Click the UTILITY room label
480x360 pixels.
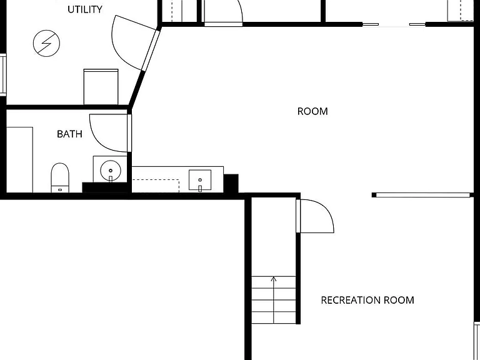(85, 9)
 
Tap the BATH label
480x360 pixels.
(69, 134)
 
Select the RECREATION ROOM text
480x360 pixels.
(367, 300)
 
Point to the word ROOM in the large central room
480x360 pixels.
(312, 111)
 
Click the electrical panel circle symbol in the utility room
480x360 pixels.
(46, 43)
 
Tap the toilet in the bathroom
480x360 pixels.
(60, 177)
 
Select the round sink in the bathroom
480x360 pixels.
(111, 171)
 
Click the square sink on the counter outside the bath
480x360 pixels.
(200, 180)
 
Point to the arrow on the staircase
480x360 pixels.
(274, 300)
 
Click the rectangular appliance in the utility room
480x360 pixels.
(101, 87)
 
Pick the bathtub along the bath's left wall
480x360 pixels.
(19, 160)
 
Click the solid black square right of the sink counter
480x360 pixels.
(231, 184)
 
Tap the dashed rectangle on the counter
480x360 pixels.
(156, 186)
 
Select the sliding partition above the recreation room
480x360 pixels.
(422, 195)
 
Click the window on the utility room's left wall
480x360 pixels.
(3, 75)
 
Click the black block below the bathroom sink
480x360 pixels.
(105, 187)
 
